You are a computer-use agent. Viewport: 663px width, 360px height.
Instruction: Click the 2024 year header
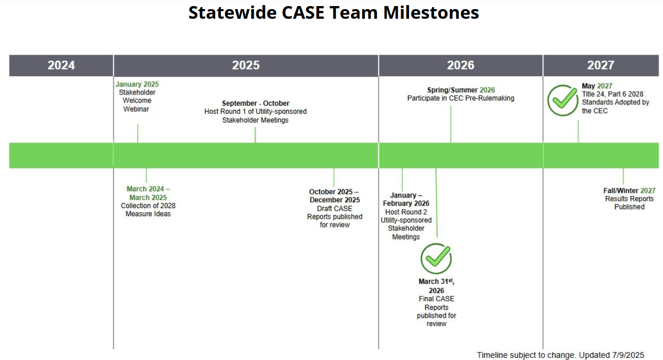(61, 65)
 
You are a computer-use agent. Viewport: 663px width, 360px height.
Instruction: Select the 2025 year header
(246, 65)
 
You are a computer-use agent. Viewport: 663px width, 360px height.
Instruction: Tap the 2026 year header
(460, 65)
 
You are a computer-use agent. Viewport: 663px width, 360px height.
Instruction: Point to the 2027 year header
(601, 65)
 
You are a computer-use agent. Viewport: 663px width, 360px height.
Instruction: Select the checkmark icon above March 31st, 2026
(436, 258)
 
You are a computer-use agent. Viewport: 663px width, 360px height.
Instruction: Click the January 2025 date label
(137, 84)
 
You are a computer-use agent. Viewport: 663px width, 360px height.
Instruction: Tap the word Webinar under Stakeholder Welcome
(136, 109)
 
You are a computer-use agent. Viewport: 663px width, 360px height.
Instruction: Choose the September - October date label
(255, 103)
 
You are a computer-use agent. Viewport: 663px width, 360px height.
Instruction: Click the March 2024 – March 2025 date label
(148, 193)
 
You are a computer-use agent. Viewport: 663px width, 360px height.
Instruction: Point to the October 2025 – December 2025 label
(334, 196)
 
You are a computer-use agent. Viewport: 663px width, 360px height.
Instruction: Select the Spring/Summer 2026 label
(460, 90)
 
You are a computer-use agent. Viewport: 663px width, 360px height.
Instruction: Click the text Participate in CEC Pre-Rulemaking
(460, 98)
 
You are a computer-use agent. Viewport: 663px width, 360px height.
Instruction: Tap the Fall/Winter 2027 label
(629, 190)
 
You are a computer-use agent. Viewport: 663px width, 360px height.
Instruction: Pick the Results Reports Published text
(629, 203)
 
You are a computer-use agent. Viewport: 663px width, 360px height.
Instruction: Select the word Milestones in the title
(431, 12)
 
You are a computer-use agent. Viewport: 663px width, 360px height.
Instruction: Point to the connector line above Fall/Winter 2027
(623, 177)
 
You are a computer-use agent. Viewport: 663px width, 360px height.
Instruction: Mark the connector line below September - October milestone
(255, 135)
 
